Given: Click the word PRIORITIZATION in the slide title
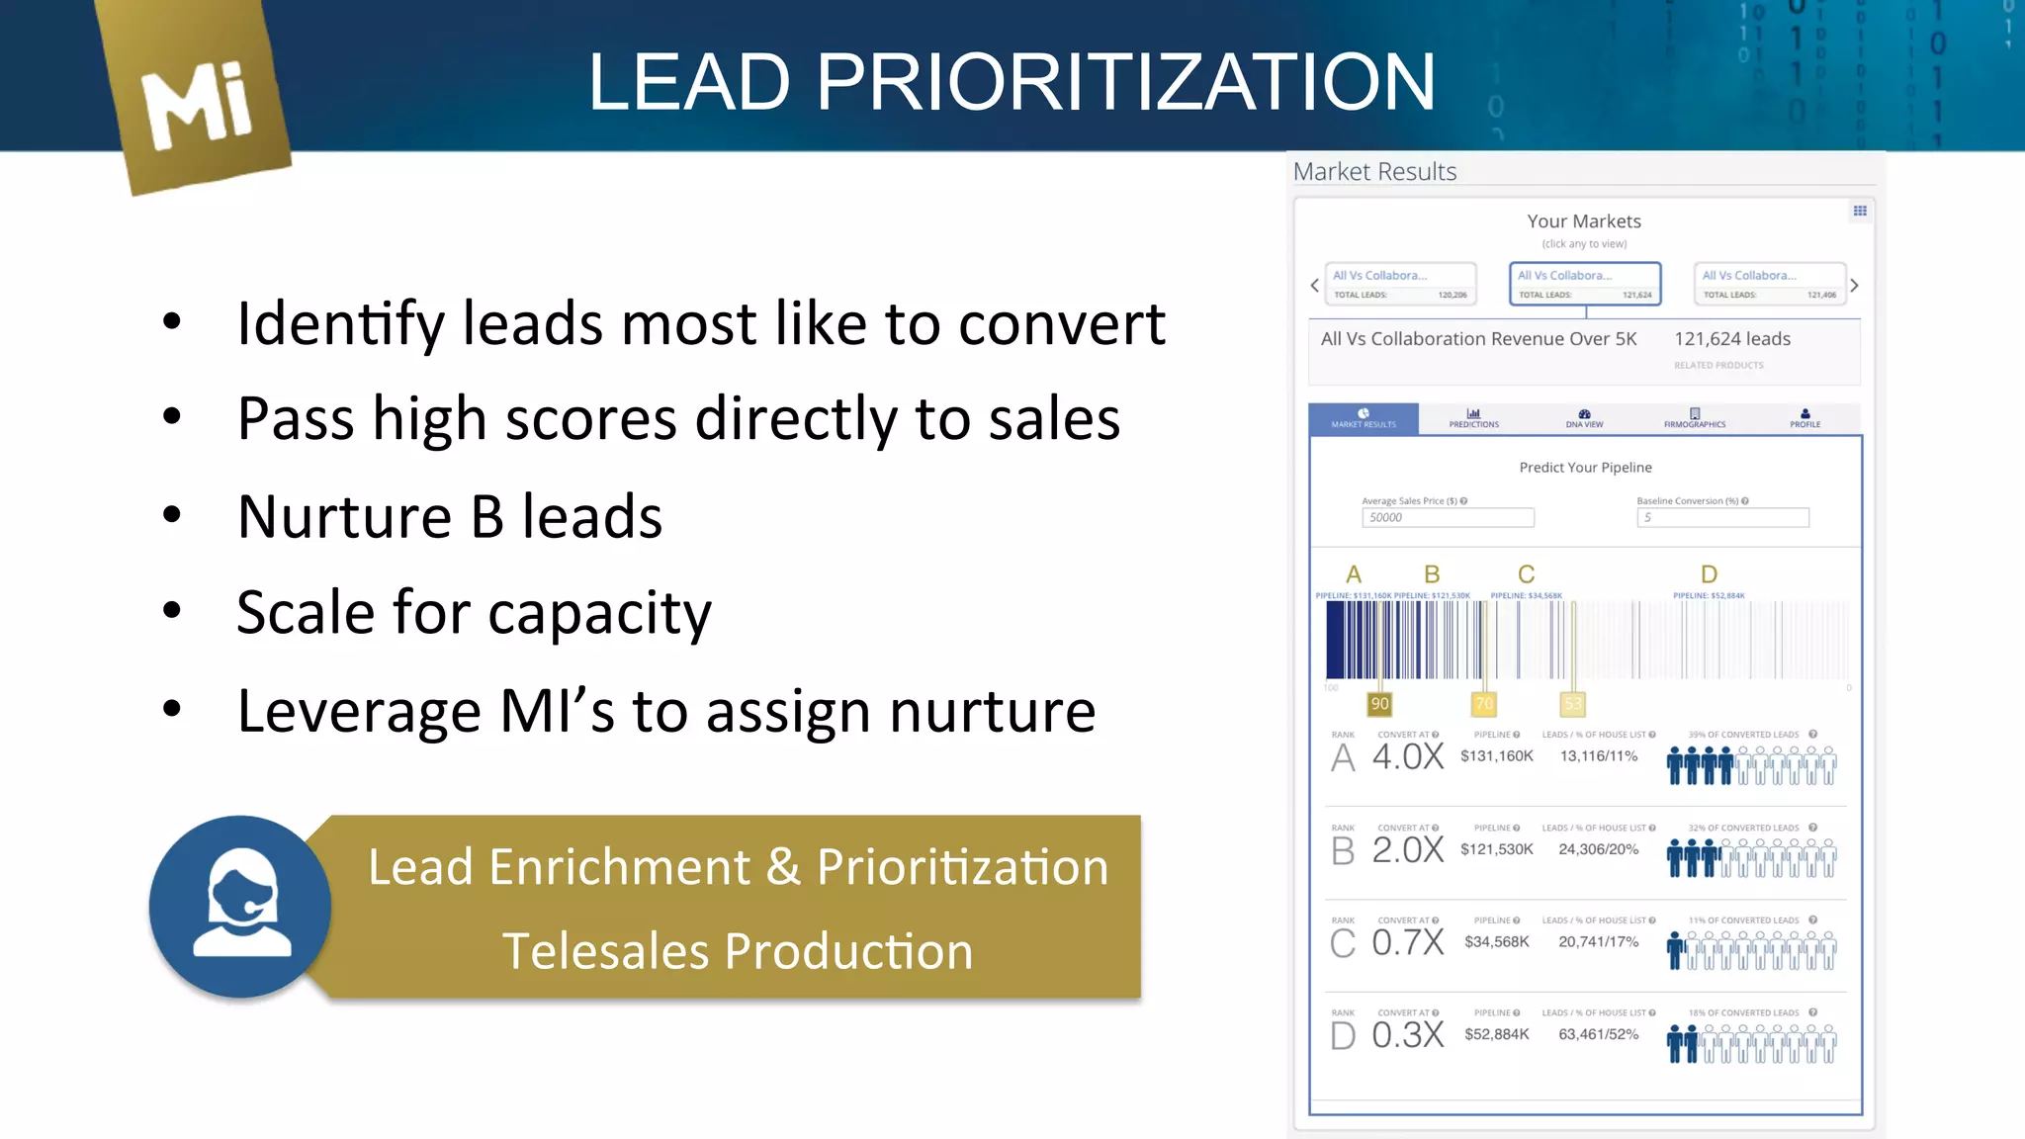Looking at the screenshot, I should click(x=1125, y=82).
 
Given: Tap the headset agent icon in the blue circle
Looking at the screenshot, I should click(x=240, y=905).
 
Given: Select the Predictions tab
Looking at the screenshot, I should click(x=1473, y=418).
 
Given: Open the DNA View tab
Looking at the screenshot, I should click(x=1584, y=418).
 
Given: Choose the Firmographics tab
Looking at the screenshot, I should click(x=1694, y=418).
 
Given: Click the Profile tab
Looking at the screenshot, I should click(x=1805, y=418).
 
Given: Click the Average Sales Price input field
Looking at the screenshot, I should click(x=1448, y=517).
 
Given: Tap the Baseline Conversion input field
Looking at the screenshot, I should click(x=1722, y=517).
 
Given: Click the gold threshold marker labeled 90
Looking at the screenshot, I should click(x=1379, y=703).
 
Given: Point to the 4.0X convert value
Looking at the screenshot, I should click(x=1408, y=757).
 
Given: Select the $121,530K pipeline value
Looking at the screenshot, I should click(x=1496, y=849).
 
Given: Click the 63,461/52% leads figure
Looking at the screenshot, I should click(x=1598, y=1034).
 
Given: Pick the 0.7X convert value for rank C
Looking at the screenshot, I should click(x=1408, y=942).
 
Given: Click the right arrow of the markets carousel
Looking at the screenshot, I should click(x=1854, y=285).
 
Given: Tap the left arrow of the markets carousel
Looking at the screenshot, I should click(x=1314, y=285).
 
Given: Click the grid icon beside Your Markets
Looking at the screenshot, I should click(x=1860, y=211).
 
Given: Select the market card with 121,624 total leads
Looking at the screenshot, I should click(x=1584, y=284).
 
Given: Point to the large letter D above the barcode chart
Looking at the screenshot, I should click(x=1709, y=574).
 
